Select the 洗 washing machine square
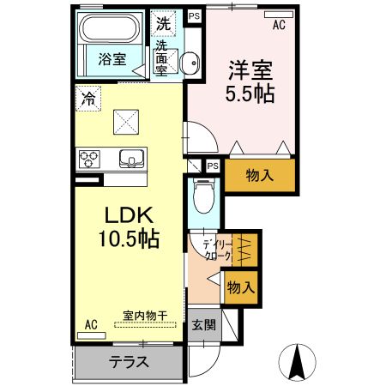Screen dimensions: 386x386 pos(163,23)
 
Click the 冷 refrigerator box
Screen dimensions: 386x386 pos(87,97)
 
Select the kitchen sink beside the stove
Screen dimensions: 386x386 pos(132,159)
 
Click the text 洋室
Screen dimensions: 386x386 pos(250,69)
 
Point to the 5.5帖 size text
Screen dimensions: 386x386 pos(250,93)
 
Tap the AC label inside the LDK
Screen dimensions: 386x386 pos(92,324)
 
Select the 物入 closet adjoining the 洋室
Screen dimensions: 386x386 pos(259,176)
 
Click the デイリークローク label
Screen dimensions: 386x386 pos(217,249)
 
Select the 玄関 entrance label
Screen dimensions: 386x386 pos(203,325)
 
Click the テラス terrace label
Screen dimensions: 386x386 pos(129,362)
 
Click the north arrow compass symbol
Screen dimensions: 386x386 pos(298,359)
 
